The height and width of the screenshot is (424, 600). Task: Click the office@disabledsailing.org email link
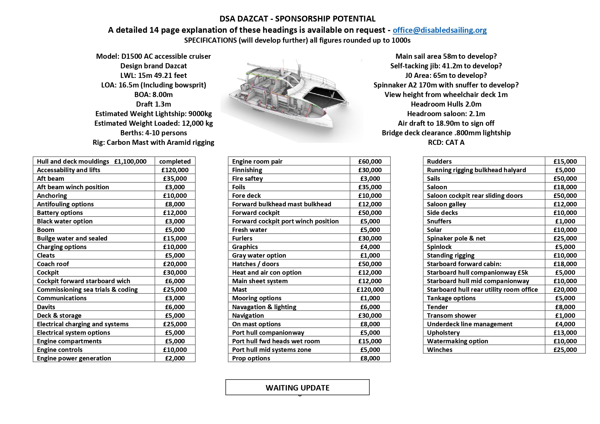pyautogui.click(x=440, y=30)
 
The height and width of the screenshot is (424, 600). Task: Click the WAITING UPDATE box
pyautogui.click(x=297, y=388)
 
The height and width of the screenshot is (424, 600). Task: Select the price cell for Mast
pyautogui.click(x=370, y=290)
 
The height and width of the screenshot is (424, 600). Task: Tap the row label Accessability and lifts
pyautogui.click(x=68, y=170)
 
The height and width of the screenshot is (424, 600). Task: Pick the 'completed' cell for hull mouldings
pyautogui.click(x=175, y=162)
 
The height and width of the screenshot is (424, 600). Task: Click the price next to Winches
pyautogui.click(x=565, y=350)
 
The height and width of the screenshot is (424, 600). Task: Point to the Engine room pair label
pyautogui.click(x=257, y=162)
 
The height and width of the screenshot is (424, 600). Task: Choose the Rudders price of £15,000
pyautogui.click(x=565, y=162)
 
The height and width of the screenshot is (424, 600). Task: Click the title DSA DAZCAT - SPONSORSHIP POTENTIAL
pyautogui.click(x=297, y=19)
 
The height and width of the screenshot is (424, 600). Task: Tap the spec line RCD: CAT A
pyautogui.click(x=446, y=142)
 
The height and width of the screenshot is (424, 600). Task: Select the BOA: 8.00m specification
pyautogui.click(x=154, y=95)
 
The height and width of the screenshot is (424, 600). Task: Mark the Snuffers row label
pyautogui.click(x=439, y=221)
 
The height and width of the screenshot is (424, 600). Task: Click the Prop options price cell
pyautogui.click(x=370, y=358)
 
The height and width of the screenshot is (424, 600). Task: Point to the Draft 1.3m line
pyautogui.click(x=154, y=104)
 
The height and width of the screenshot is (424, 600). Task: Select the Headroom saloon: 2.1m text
pyautogui.click(x=446, y=114)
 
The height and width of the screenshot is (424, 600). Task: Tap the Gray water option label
pyautogui.click(x=259, y=256)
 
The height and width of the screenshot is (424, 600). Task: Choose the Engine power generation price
pyautogui.click(x=175, y=358)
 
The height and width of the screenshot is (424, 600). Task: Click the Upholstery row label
pyautogui.click(x=443, y=333)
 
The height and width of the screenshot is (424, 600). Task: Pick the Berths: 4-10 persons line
pyautogui.click(x=154, y=133)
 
